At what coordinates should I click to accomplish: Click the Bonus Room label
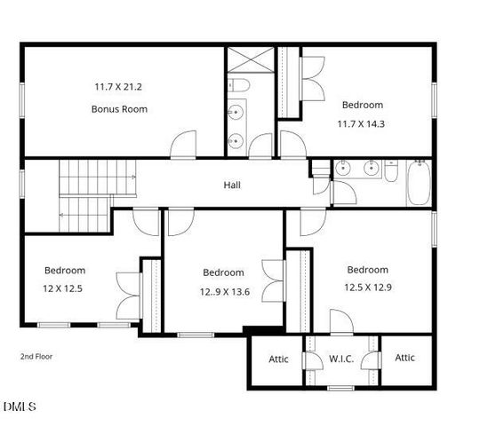tap(119, 109)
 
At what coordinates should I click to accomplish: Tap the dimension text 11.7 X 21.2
tap(119, 87)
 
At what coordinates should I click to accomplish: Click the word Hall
tap(232, 185)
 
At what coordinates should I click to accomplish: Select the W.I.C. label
tap(342, 359)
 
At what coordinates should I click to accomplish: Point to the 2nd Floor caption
tap(36, 356)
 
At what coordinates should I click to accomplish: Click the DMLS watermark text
tap(19, 406)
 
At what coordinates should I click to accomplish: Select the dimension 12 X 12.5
tap(65, 288)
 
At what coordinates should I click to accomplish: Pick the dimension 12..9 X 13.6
tap(223, 291)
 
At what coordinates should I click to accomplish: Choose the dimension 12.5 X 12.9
tap(367, 288)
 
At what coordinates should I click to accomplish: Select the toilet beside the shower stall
tap(235, 87)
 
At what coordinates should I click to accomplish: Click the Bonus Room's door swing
tap(185, 145)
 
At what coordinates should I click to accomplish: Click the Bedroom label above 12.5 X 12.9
tap(367, 270)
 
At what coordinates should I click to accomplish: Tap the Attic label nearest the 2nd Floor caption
tap(279, 359)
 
